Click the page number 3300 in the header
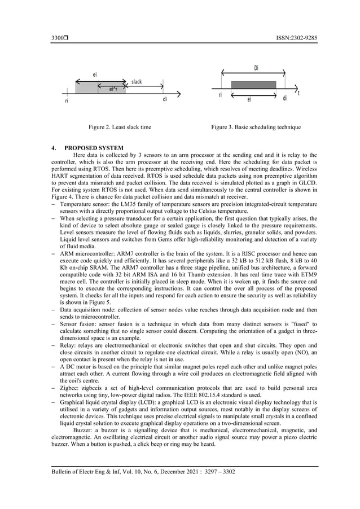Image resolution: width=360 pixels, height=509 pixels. pos(56,38)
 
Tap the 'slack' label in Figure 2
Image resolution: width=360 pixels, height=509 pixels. pos(137,82)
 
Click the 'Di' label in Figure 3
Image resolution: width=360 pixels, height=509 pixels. pos(257,68)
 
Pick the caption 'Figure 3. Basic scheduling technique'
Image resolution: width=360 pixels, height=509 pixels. pos(256,128)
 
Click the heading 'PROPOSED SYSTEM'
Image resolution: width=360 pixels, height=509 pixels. pos(91,148)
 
